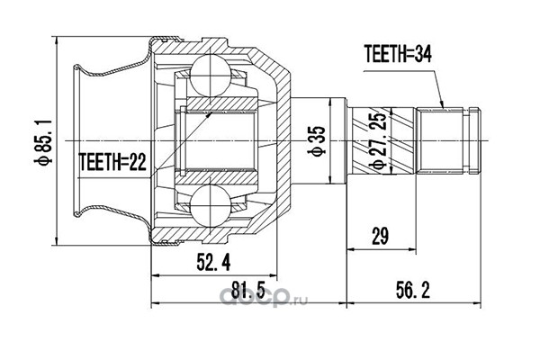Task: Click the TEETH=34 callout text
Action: (398, 54)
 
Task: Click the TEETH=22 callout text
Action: (112, 162)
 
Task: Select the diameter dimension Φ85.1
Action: (44, 141)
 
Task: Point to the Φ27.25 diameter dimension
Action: (378, 141)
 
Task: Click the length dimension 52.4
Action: (213, 263)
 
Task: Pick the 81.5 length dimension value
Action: (247, 290)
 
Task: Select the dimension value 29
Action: (380, 236)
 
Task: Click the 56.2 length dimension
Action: (413, 290)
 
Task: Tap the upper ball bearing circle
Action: (210, 76)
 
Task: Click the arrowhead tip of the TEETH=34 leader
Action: (443, 108)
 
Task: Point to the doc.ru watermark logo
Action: (263, 297)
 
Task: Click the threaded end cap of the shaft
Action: (474, 141)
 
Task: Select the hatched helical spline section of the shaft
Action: (382, 141)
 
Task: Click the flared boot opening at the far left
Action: (77, 141)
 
